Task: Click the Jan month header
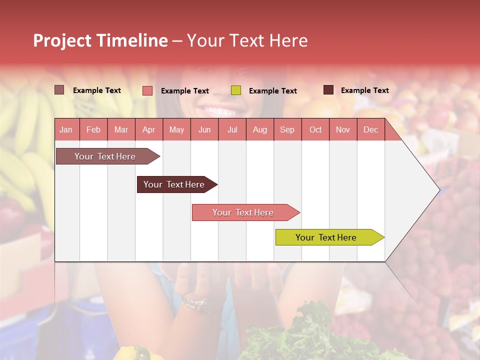pos(66,129)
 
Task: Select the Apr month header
pos(148,129)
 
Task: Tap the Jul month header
pos(232,129)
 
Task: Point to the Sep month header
pos(287,129)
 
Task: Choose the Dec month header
pos(370,129)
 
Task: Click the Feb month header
pos(93,129)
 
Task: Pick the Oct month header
pos(315,129)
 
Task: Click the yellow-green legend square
pos(236,90)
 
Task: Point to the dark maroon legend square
pos(328,90)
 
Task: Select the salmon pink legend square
pos(147,90)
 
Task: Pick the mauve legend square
pos(59,90)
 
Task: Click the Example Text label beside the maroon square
pos(364,90)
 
